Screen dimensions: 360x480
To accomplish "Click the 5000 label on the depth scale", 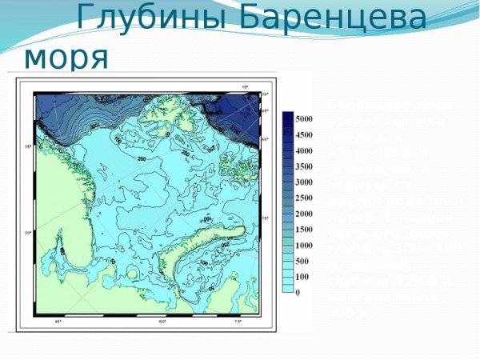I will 305,118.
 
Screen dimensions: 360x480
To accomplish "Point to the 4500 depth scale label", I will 305,134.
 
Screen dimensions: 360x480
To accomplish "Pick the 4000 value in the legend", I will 305,150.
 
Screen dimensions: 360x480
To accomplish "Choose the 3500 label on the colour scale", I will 305,166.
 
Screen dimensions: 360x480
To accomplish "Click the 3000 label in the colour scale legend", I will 305,182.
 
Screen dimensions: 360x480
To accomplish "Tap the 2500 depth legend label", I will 305,198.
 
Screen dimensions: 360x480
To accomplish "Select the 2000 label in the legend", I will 305,214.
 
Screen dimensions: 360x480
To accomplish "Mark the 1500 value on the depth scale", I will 305,230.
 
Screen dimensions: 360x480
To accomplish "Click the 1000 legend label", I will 305,246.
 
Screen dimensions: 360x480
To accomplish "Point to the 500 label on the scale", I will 302,262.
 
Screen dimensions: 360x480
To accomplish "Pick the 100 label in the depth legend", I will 302,277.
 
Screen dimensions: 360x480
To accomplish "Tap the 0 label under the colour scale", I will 298,293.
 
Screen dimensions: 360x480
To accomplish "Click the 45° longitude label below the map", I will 58,322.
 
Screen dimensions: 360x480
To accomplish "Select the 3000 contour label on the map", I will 95,126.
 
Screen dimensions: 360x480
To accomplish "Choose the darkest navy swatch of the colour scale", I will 287,119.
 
